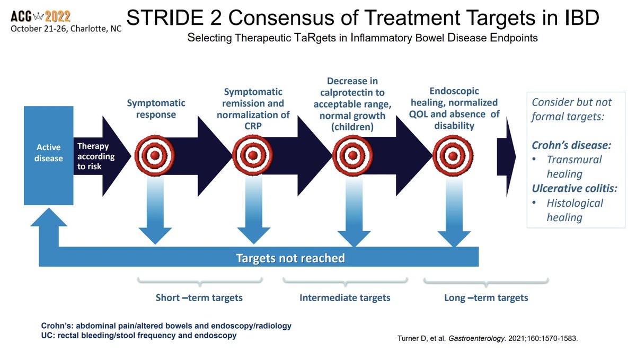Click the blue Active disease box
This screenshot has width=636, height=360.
[49, 155]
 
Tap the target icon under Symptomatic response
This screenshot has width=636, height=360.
[155, 156]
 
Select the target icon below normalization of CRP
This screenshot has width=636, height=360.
[253, 155]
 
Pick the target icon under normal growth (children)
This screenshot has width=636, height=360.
[352, 155]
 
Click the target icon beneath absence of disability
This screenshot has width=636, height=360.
[453, 156]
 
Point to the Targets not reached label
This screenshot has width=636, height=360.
[290, 258]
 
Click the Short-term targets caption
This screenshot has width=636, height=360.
[199, 297]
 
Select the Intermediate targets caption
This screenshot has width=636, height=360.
[345, 297]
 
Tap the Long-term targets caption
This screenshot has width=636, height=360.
[486, 297]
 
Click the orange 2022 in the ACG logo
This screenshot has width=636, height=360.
[58, 16]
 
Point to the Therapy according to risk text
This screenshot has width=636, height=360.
[96, 156]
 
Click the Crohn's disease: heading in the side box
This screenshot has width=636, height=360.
[571, 145]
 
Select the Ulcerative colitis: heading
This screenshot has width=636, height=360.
[575, 188]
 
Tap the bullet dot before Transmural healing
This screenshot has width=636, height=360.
[534, 159]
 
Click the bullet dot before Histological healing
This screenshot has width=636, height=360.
[534, 203]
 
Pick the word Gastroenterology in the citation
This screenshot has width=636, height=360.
[476, 338]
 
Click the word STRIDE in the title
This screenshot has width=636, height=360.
[166, 17]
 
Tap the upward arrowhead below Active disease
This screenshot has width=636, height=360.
[49, 217]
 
